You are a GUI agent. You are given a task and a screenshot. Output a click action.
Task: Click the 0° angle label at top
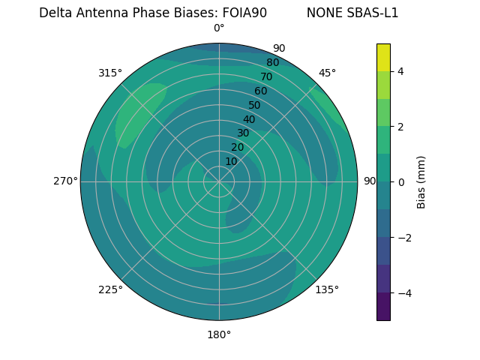click(219, 28)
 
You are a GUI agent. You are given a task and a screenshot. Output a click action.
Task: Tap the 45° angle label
click(327, 73)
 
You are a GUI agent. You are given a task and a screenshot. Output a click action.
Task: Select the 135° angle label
click(327, 289)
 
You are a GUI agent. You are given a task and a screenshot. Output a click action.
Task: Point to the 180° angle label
click(219, 334)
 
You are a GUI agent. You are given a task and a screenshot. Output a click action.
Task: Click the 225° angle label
click(110, 289)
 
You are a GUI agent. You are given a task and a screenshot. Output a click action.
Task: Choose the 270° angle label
click(65, 181)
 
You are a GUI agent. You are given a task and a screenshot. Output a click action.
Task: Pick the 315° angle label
click(110, 73)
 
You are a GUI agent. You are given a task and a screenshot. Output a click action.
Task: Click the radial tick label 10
click(231, 161)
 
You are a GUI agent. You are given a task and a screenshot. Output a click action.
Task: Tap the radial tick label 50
click(254, 105)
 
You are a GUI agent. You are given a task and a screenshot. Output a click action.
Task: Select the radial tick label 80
click(272, 62)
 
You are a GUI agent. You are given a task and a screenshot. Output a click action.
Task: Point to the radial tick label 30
click(243, 133)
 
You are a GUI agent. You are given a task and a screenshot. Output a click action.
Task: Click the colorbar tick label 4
click(400, 71)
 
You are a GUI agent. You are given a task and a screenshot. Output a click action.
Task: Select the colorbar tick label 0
click(400, 181)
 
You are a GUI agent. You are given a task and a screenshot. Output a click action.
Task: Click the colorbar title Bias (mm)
click(421, 181)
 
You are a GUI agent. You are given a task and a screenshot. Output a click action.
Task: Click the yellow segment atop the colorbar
click(383, 57)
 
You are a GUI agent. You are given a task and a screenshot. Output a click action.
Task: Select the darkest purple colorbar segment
click(383, 307)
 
